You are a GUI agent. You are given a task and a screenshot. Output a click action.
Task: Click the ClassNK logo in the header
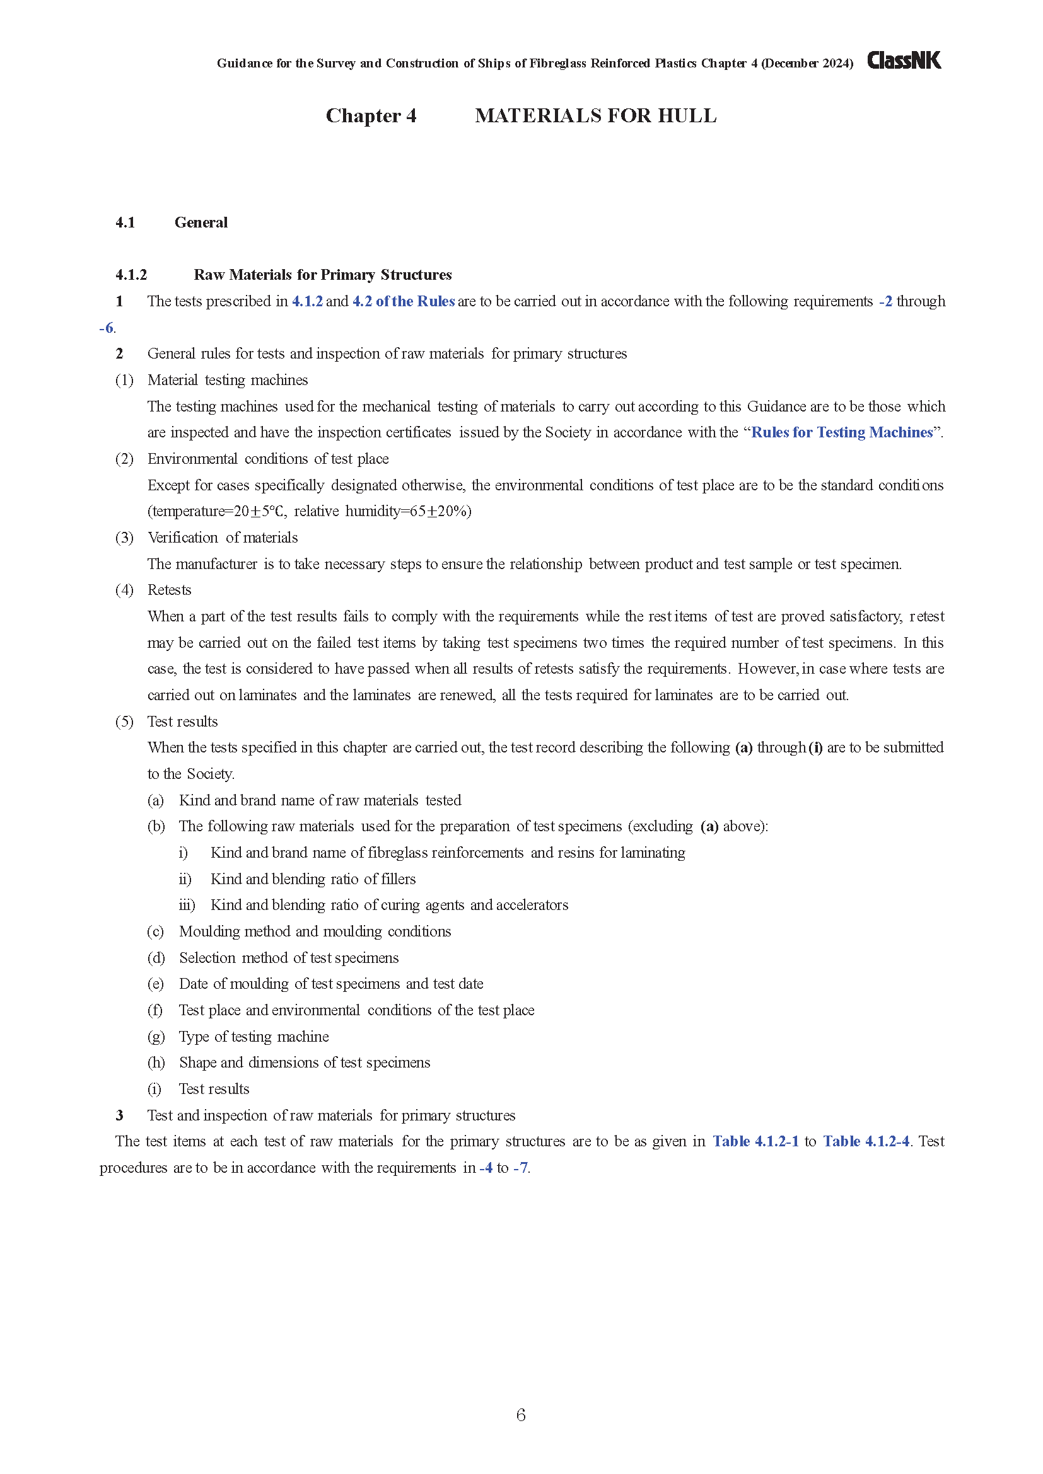pyautogui.click(x=904, y=61)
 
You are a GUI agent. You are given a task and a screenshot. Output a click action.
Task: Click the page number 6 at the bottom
pyautogui.click(x=521, y=1414)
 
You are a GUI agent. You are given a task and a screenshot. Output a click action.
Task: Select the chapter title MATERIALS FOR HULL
pyautogui.click(x=595, y=115)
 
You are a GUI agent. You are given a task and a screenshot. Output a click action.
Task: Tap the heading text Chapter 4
pyautogui.click(x=371, y=115)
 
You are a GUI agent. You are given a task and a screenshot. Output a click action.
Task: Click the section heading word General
pyautogui.click(x=201, y=222)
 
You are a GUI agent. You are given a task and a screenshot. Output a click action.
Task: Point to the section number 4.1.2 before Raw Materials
pyautogui.click(x=131, y=275)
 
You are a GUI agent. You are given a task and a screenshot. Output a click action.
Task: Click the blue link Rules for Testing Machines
pyautogui.click(x=841, y=433)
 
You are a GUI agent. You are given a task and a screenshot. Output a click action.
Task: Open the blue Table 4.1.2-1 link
pyautogui.click(x=755, y=1141)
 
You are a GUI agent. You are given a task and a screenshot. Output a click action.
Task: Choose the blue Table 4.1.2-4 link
pyautogui.click(x=866, y=1141)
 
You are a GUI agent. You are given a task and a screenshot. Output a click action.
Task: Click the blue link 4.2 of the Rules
pyautogui.click(x=404, y=302)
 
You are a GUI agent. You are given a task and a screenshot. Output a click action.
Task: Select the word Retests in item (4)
pyautogui.click(x=170, y=590)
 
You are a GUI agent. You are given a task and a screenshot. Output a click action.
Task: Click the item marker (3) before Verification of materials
pyautogui.click(x=125, y=538)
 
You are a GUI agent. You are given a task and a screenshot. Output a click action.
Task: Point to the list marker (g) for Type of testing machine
pyautogui.click(x=156, y=1037)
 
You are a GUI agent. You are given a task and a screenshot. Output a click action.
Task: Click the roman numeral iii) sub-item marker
pyautogui.click(x=187, y=905)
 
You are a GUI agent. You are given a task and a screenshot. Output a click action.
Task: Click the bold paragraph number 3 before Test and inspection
pyautogui.click(x=119, y=1116)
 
